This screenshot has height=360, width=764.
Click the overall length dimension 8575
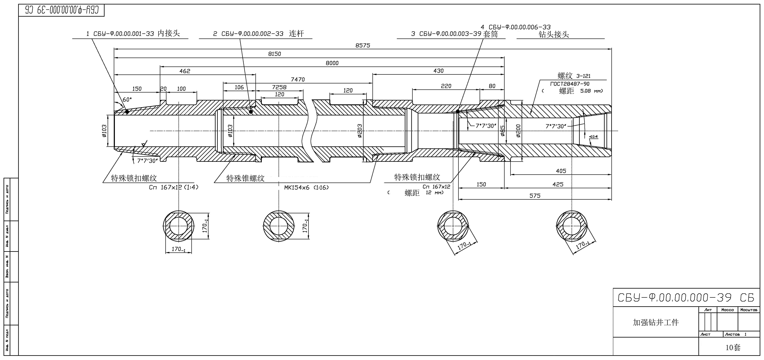363,45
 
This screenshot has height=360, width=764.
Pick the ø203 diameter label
360,131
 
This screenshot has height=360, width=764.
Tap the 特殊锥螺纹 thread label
245,178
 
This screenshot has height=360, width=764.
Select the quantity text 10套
733,347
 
